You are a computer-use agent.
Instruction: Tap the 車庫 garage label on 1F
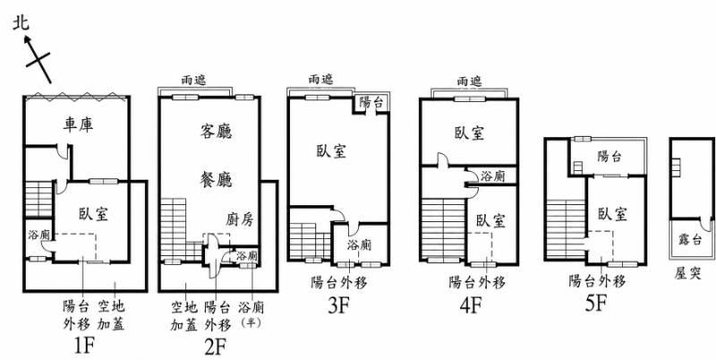point(78,124)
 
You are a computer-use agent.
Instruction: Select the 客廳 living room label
point(216,132)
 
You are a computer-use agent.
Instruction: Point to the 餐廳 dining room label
point(216,179)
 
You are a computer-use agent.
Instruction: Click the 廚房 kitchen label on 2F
point(239,220)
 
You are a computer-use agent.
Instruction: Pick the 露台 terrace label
point(690,239)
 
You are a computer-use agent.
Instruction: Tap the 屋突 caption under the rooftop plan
point(688,273)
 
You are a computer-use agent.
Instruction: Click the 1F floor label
point(84,347)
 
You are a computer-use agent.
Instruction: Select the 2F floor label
point(216,348)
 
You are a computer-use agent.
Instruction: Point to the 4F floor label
point(471,305)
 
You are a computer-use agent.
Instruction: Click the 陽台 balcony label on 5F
point(609,157)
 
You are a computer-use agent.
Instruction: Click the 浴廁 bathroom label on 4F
point(492,176)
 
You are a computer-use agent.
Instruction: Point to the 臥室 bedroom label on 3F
point(331,151)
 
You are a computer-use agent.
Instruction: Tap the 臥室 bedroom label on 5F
point(612,214)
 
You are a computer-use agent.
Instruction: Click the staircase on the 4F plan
point(442,228)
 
